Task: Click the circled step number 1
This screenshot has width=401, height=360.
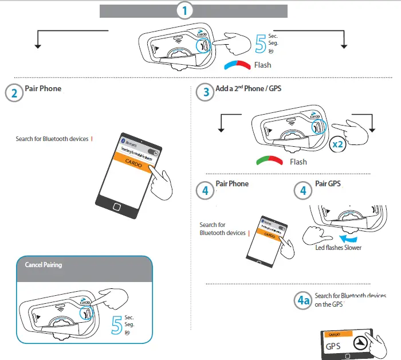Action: [184, 10]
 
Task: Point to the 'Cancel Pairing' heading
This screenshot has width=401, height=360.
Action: [44, 265]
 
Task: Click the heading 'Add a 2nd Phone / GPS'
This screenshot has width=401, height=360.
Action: [249, 89]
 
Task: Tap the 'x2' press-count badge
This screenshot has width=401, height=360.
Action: [338, 145]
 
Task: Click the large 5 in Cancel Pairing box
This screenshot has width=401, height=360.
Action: [116, 324]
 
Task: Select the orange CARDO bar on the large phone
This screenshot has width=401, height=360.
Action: [135, 163]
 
